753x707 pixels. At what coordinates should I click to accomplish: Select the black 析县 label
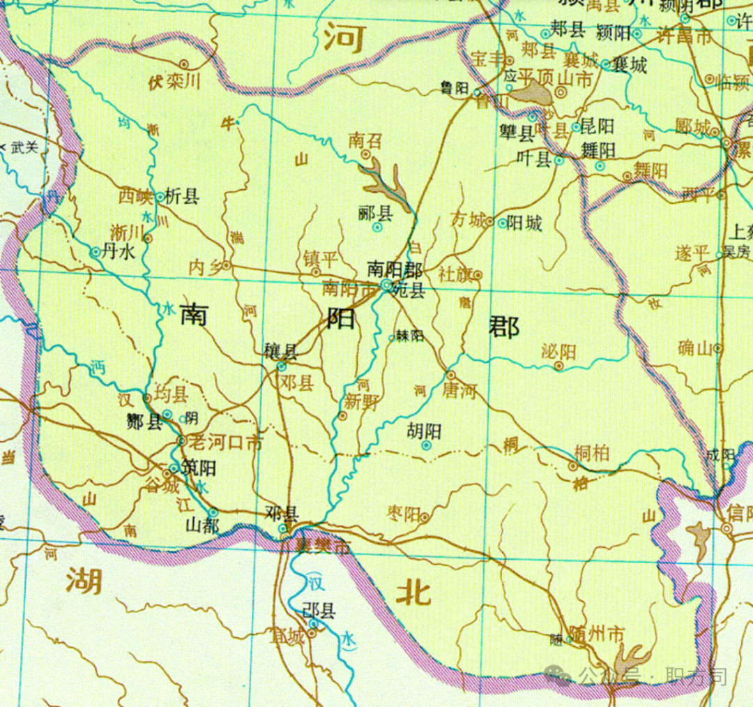[x=182, y=197]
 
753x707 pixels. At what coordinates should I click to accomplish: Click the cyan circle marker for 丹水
[x=96, y=253]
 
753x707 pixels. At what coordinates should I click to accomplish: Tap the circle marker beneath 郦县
[x=377, y=227]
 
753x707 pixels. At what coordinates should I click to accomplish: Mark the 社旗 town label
[x=455, y=274]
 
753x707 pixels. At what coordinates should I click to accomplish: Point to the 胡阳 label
[x=425, y=429]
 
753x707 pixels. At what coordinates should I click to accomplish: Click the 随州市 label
[x=596, y=634]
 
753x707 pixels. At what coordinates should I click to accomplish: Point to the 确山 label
[x=694, y=348]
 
